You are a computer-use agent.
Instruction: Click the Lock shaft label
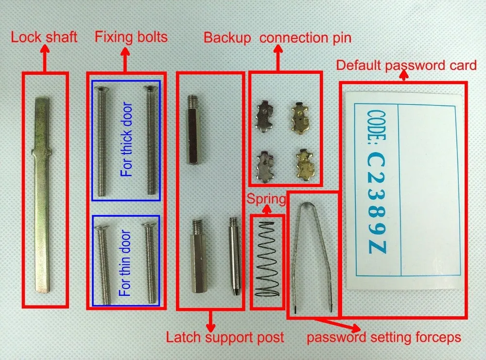coord(44,37)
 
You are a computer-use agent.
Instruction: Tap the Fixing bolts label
coord(131,37)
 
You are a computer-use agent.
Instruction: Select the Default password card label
coord(406,66)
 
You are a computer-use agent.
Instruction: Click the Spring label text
coord(266,199)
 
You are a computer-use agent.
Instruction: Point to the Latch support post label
coord(225,337)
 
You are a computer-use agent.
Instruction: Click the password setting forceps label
coord(384,337)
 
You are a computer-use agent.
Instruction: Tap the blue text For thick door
coord(126,139)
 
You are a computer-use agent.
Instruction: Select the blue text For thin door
coord(124,263)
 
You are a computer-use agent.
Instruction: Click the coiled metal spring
coord(267,259)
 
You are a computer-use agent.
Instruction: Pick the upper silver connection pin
coord(264,116)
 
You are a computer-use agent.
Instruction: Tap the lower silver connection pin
coord(265,167)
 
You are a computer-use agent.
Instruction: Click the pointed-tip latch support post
coord(234,256)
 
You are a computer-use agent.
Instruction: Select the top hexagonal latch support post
coord(193,130)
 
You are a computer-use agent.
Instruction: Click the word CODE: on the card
coord(376,128)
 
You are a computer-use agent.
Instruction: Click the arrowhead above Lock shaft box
coord(45,49)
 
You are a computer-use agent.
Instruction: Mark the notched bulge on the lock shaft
coord(41,152)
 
